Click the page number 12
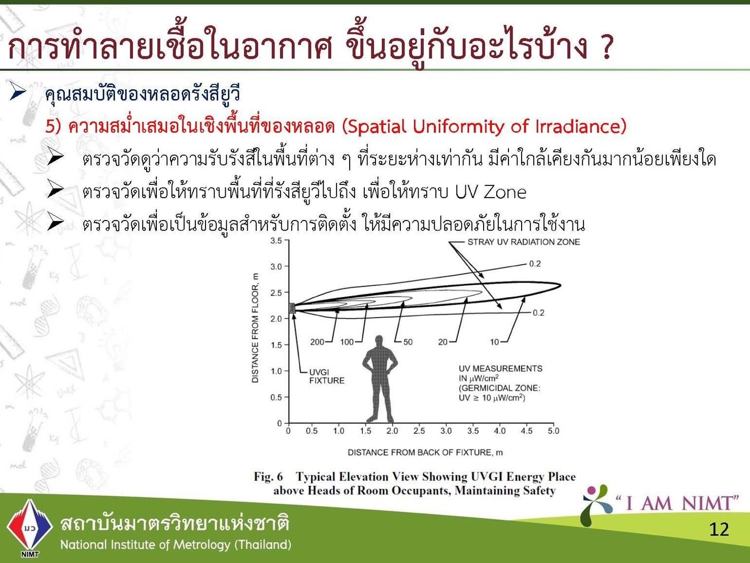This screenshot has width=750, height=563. [719, 529]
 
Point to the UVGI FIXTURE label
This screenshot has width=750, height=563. [327, 376]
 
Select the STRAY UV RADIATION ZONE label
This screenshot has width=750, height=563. [524, 242]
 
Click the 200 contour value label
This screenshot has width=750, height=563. [317, 342]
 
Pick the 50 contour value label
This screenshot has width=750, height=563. [407, 342]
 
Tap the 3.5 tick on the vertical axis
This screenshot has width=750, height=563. [276, 241]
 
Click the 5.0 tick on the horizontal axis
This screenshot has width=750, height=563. [554, 431]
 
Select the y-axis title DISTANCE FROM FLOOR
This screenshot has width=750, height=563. [255, 328]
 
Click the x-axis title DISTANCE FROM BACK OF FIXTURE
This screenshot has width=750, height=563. [425, 453]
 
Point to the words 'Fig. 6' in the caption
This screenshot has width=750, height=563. [268, 477]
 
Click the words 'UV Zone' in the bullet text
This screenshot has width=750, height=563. [490, 192]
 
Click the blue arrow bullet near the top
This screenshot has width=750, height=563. [18, 91]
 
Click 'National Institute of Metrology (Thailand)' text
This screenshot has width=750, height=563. [176, 545]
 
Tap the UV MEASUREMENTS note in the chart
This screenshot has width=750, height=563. [500, 383]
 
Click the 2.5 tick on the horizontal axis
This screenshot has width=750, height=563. [419, 431]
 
